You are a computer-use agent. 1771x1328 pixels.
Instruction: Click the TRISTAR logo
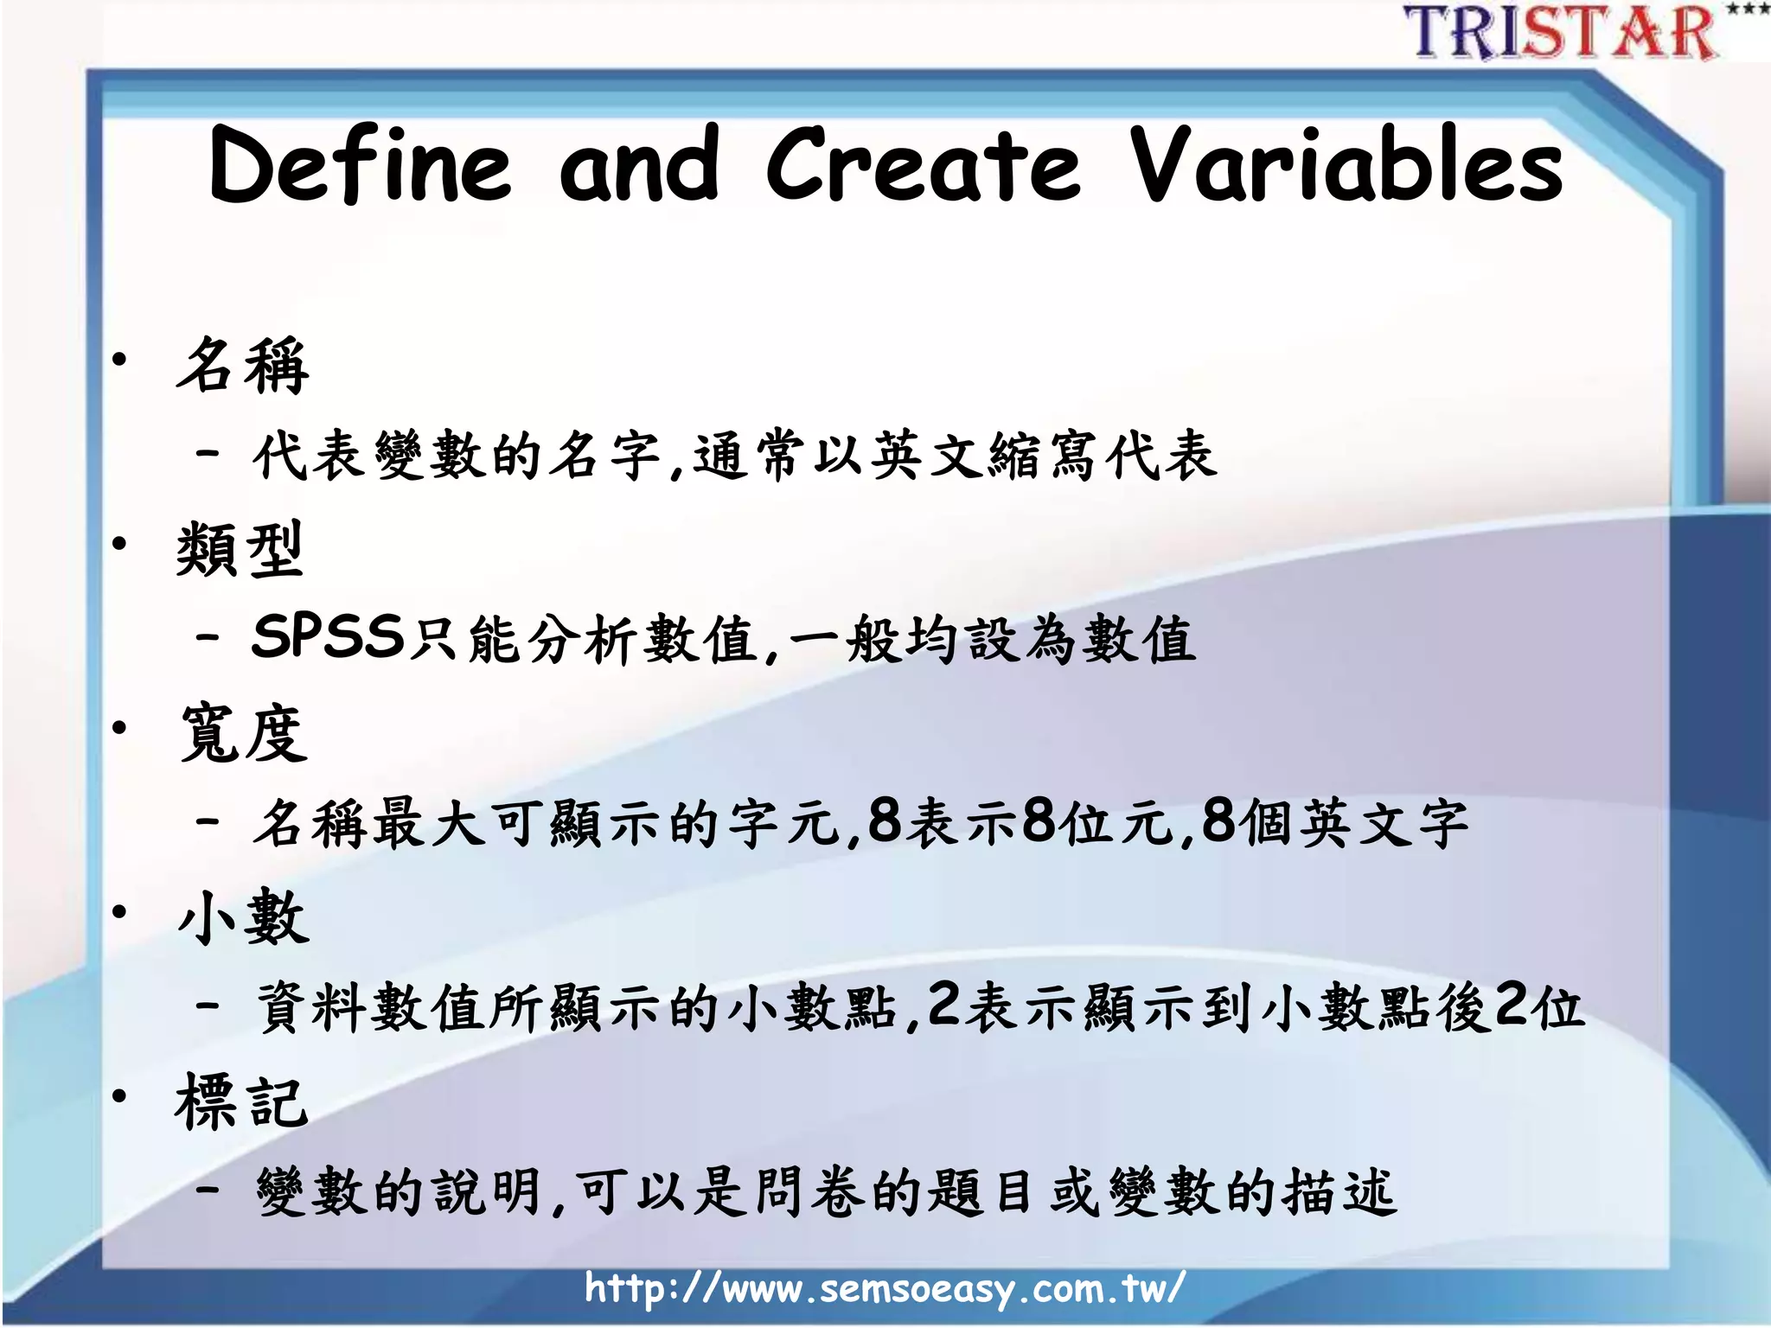coord(1561,32)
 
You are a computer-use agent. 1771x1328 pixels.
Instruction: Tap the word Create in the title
coord(923,165)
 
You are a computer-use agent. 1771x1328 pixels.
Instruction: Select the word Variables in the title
coord(1346,165)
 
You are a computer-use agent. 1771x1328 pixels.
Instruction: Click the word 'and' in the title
coord(639,165)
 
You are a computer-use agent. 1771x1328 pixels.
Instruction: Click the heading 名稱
coord(243,366)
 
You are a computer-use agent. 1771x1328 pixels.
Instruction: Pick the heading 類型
coord(240,549)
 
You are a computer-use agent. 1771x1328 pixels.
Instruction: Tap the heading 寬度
coord(243,733)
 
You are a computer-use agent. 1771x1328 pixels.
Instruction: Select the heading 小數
coord(243,917)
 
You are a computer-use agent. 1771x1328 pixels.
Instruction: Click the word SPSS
coord(328,637)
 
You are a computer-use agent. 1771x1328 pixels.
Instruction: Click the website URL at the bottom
coord(884,1288)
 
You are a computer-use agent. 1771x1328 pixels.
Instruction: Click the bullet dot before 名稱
coord(119,360)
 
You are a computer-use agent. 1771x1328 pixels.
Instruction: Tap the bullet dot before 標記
coord(119,1096)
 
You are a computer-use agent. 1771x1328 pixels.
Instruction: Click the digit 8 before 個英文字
coord(1218,820)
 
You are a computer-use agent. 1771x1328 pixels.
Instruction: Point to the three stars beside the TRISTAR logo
coord(1745,10)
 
